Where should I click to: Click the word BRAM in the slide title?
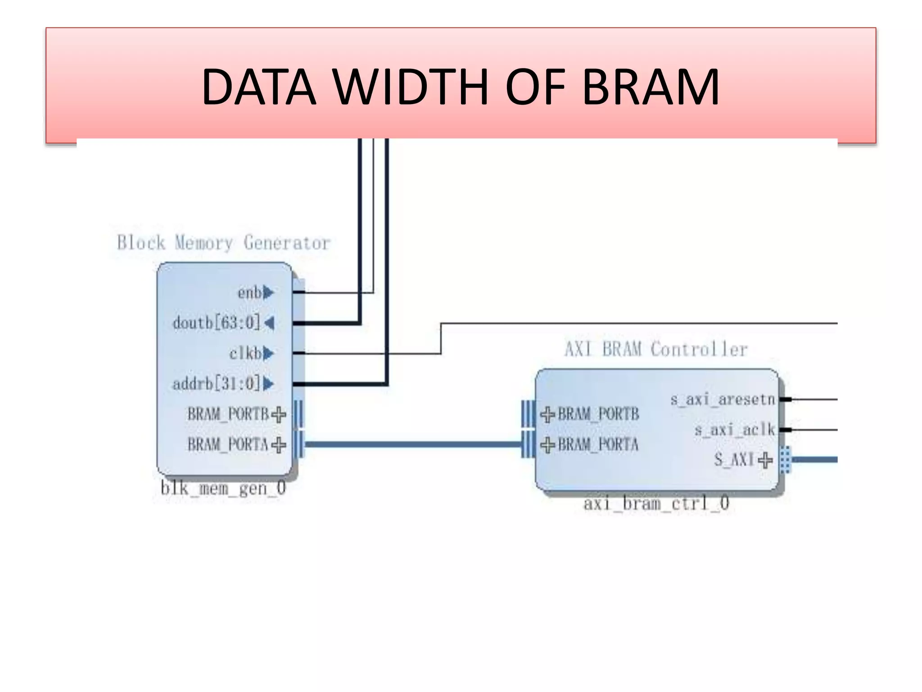(x=651, y=87)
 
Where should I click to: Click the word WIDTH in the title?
(x=411, y=87)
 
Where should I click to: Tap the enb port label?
(x=249, y=293)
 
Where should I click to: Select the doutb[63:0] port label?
(x=217, y=323)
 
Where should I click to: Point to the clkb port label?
(x=245, y=353)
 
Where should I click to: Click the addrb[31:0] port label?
(x=217, y=384)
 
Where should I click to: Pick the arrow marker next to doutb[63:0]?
(x=269, y=323)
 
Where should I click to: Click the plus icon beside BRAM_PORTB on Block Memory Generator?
(x=279, y=414)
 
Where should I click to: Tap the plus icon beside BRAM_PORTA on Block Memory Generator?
(x=279, y=445)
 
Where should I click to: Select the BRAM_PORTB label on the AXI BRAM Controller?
(x=598, y=414)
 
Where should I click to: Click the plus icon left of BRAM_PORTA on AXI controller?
(x=547, y=445)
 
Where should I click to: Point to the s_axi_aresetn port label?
(x=723, y=399)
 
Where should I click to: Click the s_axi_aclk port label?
(x=734, y=430)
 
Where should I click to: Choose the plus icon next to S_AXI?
(x=765, y=460)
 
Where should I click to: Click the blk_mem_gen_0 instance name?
(x=223, y=488)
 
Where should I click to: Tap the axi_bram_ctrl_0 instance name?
(x=656, y=503)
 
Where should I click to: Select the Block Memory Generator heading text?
(x=224, y=243)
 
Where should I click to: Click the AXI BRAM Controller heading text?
(x=656, y=349)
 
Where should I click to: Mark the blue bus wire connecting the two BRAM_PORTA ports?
(x=412, y=445)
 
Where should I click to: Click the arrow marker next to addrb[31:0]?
(x=268, y=384)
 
